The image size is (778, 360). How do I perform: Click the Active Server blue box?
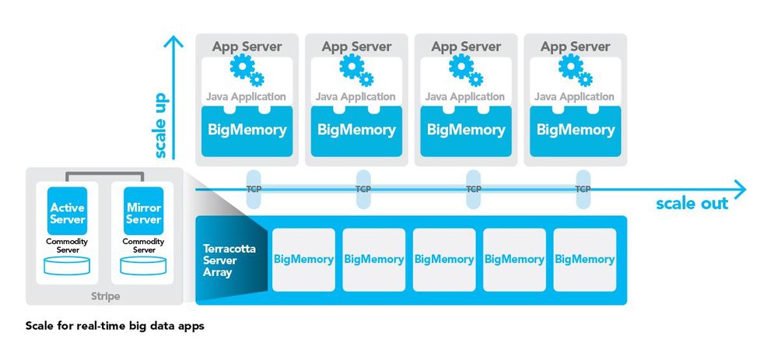tap(68, 211)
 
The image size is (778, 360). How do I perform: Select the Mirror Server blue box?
tap(143, 211)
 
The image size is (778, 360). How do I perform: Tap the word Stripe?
tap(105, 296)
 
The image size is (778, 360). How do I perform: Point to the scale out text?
tap(692, 203)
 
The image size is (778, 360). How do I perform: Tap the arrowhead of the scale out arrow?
tap(739, 190)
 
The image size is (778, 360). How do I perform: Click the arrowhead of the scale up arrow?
tap(173, 42)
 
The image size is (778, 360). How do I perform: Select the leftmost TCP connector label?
tap(254, 189)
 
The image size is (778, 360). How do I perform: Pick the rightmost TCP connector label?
tap(583, 189)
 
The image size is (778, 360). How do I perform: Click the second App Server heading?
tap(356, 47)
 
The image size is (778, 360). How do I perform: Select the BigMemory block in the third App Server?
tap(466, 131)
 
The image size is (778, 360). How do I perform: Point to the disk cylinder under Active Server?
tap(67, 265)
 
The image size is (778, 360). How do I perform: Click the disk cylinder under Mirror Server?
tap(143, 265)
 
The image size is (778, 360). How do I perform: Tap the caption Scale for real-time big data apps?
tap(114, 327)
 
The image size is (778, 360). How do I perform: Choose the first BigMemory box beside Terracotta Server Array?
tap(303, 260)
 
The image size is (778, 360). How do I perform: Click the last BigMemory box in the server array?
tap(584, 260)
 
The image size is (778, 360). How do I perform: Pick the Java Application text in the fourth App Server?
tap(574, 96)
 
